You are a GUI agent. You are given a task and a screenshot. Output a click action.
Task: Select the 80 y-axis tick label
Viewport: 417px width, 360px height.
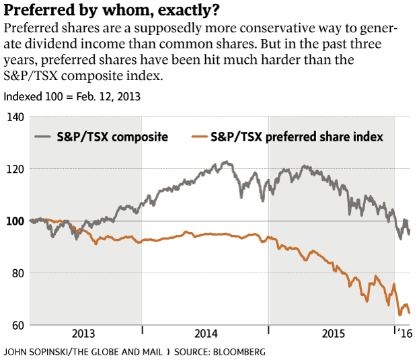point(15,273)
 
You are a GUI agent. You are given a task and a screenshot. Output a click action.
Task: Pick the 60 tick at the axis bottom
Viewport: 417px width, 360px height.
point(15,326)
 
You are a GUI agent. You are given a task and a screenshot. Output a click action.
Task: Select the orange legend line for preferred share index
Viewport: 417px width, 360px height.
point(199,137)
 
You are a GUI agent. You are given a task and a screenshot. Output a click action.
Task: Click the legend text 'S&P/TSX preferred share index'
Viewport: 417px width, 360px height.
point(297,137)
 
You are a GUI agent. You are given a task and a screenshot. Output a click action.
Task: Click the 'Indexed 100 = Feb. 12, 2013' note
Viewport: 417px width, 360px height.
point(72,96)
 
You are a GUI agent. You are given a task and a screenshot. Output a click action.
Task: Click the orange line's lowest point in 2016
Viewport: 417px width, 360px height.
point(400,314)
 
